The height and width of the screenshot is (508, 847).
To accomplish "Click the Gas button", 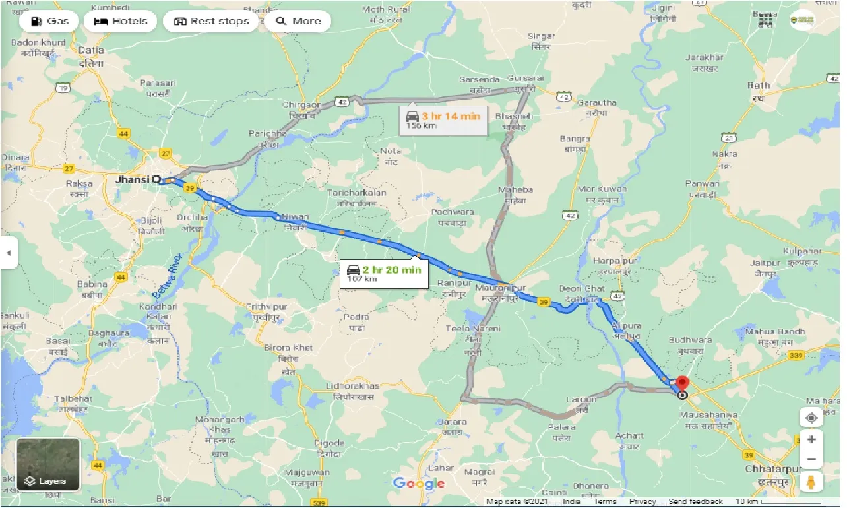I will (50, 21).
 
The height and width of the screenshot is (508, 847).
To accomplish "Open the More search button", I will (298, 21).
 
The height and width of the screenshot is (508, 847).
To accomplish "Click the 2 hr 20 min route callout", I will (384, 272).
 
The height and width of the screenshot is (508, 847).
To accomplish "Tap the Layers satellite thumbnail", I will (48, 464).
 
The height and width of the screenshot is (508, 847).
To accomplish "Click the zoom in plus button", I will (811, 439).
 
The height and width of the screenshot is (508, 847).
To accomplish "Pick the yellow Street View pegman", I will (811, 482).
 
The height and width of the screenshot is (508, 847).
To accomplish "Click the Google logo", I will (419, 484).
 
